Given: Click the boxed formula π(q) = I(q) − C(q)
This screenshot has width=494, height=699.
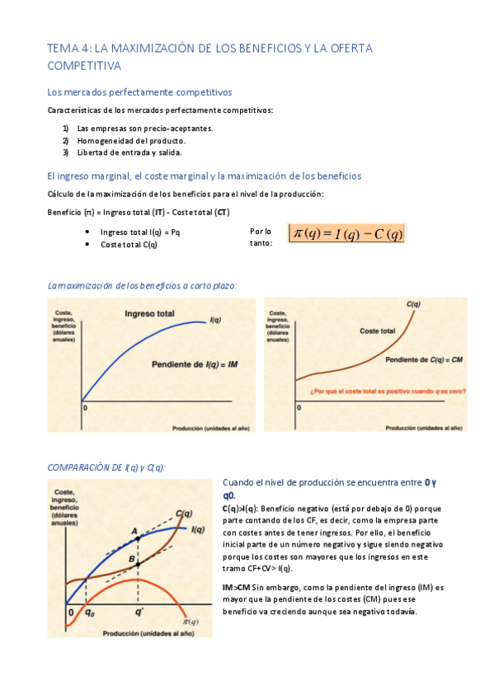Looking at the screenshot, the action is pyautogui.click(x=347, y=234).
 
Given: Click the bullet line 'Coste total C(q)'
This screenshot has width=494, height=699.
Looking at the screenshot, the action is pyautogui.click(x=129, y=244).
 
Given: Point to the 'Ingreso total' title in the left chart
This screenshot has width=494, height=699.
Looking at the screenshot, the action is pyautogui.click(x=149, y=313).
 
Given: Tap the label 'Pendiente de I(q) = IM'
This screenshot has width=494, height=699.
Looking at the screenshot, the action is pyautogui.click(x=195, y=363).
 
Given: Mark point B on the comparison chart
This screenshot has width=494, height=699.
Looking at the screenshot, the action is pyautogui.click(x=130, y=558).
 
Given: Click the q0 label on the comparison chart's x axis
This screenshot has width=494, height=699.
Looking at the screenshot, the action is pyautogui.click(x=90, y=612).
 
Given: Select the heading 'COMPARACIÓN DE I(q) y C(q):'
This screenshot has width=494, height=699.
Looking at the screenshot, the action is pyautogui.click(x=106, y=467).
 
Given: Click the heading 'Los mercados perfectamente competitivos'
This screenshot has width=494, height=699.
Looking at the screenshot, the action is pyautogui.click(x=139, y=92).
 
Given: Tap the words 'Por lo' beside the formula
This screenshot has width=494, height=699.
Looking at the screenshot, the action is pyautogui.click(x=261, y=232).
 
